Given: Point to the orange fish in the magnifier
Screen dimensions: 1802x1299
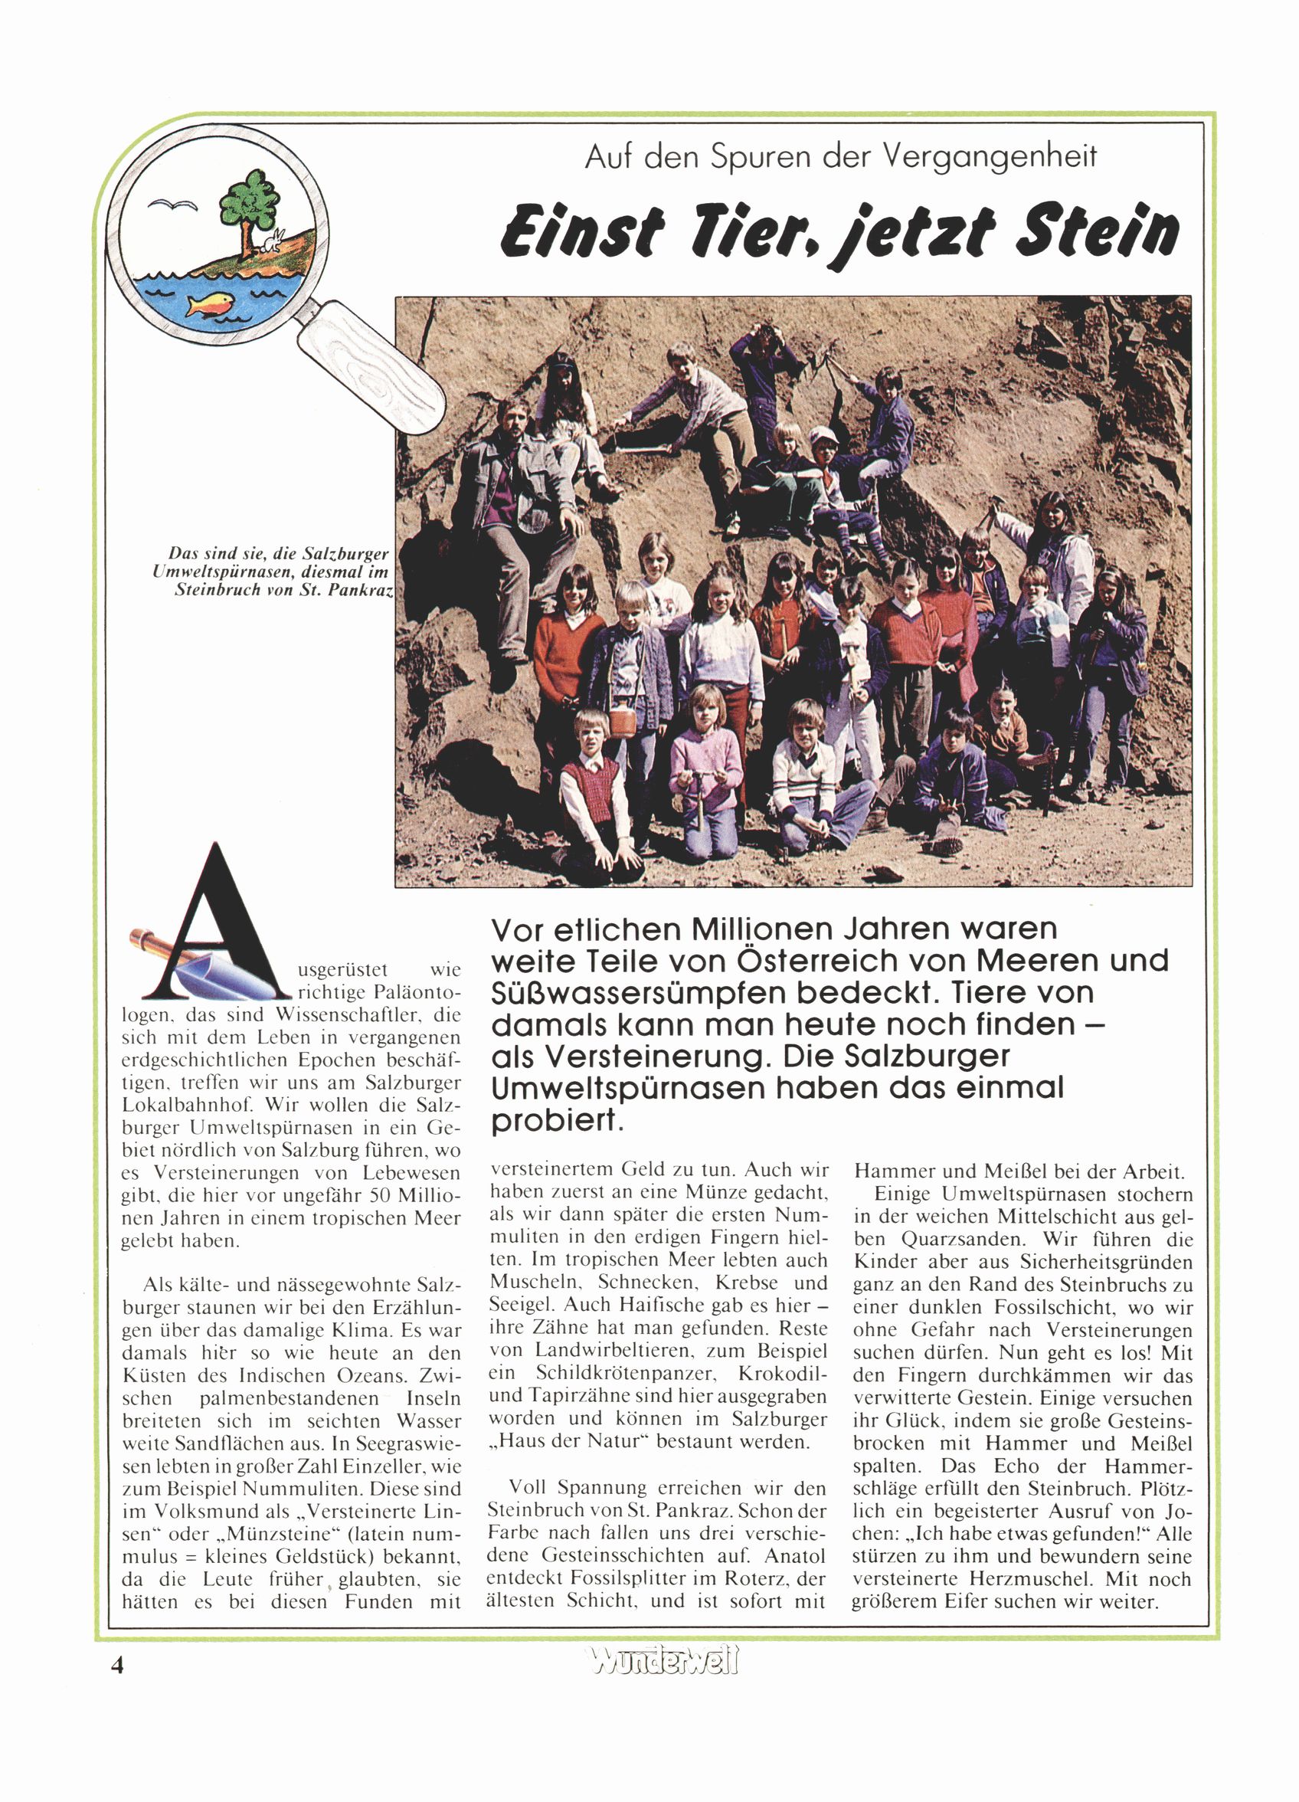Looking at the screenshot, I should click(210, 304).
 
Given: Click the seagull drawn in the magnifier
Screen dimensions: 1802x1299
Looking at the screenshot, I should click(172, 206).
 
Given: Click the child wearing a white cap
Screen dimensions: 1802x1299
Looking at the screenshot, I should click(825, 460).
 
